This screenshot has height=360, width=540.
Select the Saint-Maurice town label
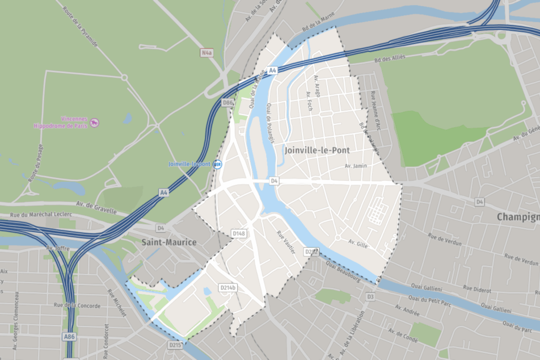click(x=168, y=242)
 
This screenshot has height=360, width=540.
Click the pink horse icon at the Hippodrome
click(x=94, y=123)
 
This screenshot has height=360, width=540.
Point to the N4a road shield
click(x=207, y=53)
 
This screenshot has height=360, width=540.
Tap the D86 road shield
click(x=227, y=102)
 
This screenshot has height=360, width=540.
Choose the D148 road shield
click(x=239, y=233)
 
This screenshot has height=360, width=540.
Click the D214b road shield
click(x=228, y=287)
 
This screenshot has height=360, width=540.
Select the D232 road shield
click(x=312, y=252)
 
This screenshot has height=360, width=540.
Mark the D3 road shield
click(x=370, y=297)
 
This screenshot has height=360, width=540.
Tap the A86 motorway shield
click(x=69, y=336)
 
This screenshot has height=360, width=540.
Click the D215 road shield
click(x=176, y=345)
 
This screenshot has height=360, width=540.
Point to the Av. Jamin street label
click(x=355, y=166)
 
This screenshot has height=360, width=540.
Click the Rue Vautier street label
click(x=286, y=242)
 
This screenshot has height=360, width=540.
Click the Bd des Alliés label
click(x=391, y=58)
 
